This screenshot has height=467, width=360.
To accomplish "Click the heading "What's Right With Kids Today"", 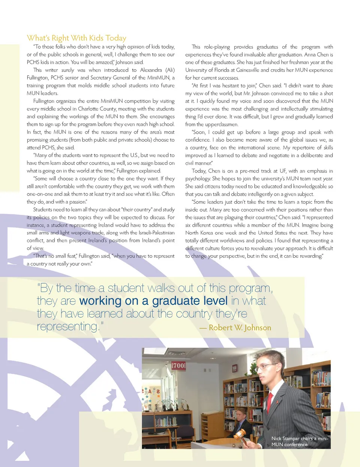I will pyautogui.click(x=76, y=38).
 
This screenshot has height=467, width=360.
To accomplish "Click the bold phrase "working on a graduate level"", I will pyautogui.click(x=153, y=301).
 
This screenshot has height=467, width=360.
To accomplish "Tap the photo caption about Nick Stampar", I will pyautogui.click(x=300, y=441).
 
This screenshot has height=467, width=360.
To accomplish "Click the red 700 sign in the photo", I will pyautogui.click(x=178, y=365).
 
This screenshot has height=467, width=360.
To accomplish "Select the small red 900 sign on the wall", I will pyautogui.click(x=234, y=368).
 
